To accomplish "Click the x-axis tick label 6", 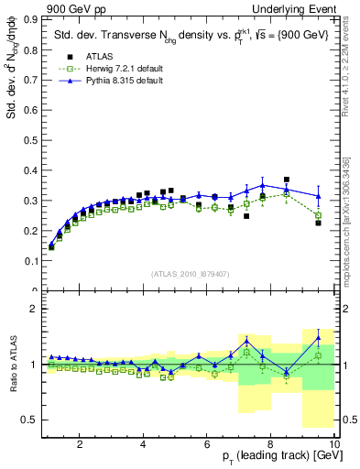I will (x=207, y=444).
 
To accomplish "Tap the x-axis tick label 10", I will (x=333, y=444).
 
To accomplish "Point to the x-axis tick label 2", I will (x=80, y=444).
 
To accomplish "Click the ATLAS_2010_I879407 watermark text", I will (x=190, y=272).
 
